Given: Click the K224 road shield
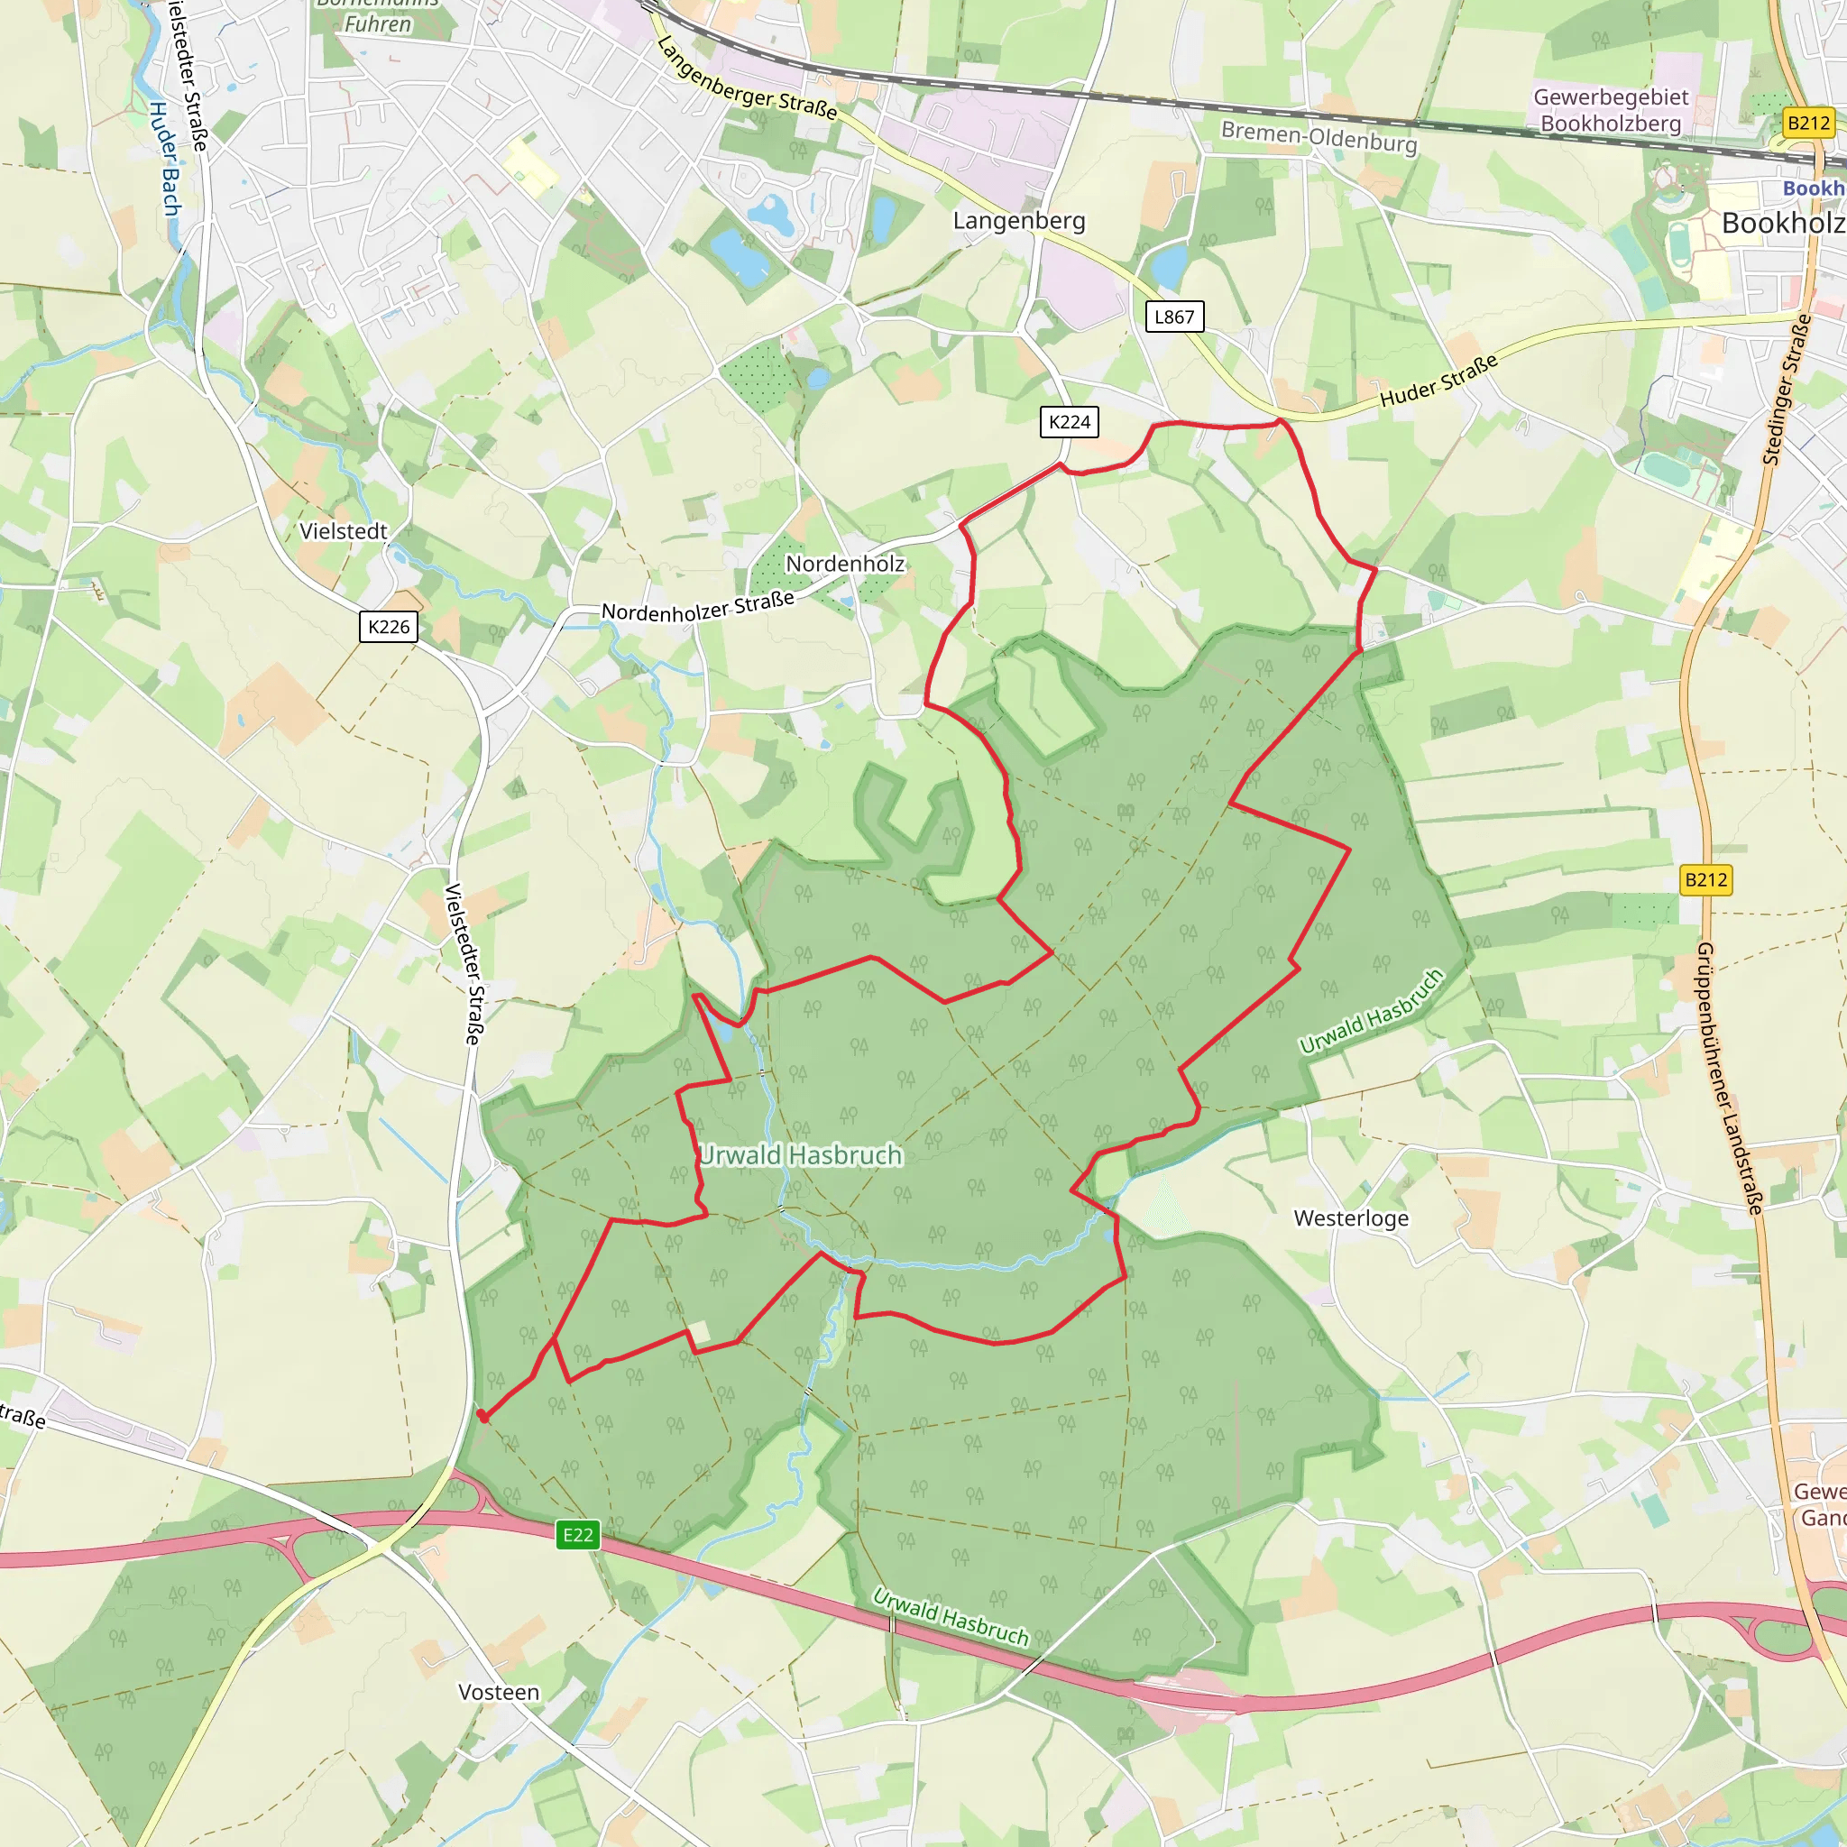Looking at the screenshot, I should (x=1069, y=421).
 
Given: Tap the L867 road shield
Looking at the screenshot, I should (x=1174, y=317).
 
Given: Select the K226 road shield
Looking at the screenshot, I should (x=388, y=626).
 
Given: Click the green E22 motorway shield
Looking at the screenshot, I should (x=577, y=1534).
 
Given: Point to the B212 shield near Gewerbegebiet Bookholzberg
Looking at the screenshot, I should (x=1808, y=123).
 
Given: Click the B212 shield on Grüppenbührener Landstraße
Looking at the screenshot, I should (x=1705, y=879).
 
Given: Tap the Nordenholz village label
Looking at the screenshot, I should (x=844, y=563).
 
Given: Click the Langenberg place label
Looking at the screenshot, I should (x=1019, y=221).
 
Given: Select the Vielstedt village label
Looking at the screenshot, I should (x=344, y=531).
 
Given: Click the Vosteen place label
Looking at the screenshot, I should (x=498, y=1692).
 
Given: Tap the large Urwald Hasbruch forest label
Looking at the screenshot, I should (x=800, y=1155).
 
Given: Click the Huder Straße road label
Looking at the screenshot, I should (x=1438, y=381).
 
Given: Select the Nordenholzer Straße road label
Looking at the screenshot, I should (x=698, y=606).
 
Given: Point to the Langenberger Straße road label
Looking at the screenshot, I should (x=747, y=79).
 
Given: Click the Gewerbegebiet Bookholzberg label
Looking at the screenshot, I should (x=1611, y=110).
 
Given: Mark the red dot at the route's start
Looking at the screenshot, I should (x=482, y=1416).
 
